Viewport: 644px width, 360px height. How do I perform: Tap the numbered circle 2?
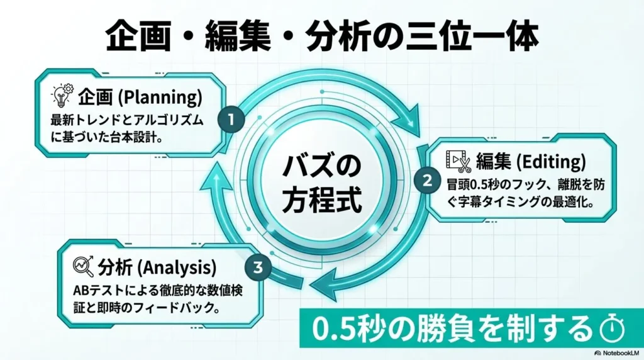pyautogui.click(x=427, y=181)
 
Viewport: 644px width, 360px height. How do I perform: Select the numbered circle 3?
pyautogui.click(x=257, y=267)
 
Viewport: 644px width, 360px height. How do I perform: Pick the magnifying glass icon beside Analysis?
pyautogui.click(x=82, y=267)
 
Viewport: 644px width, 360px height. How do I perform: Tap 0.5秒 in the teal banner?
pyautogui.click(x=339, y=327)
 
